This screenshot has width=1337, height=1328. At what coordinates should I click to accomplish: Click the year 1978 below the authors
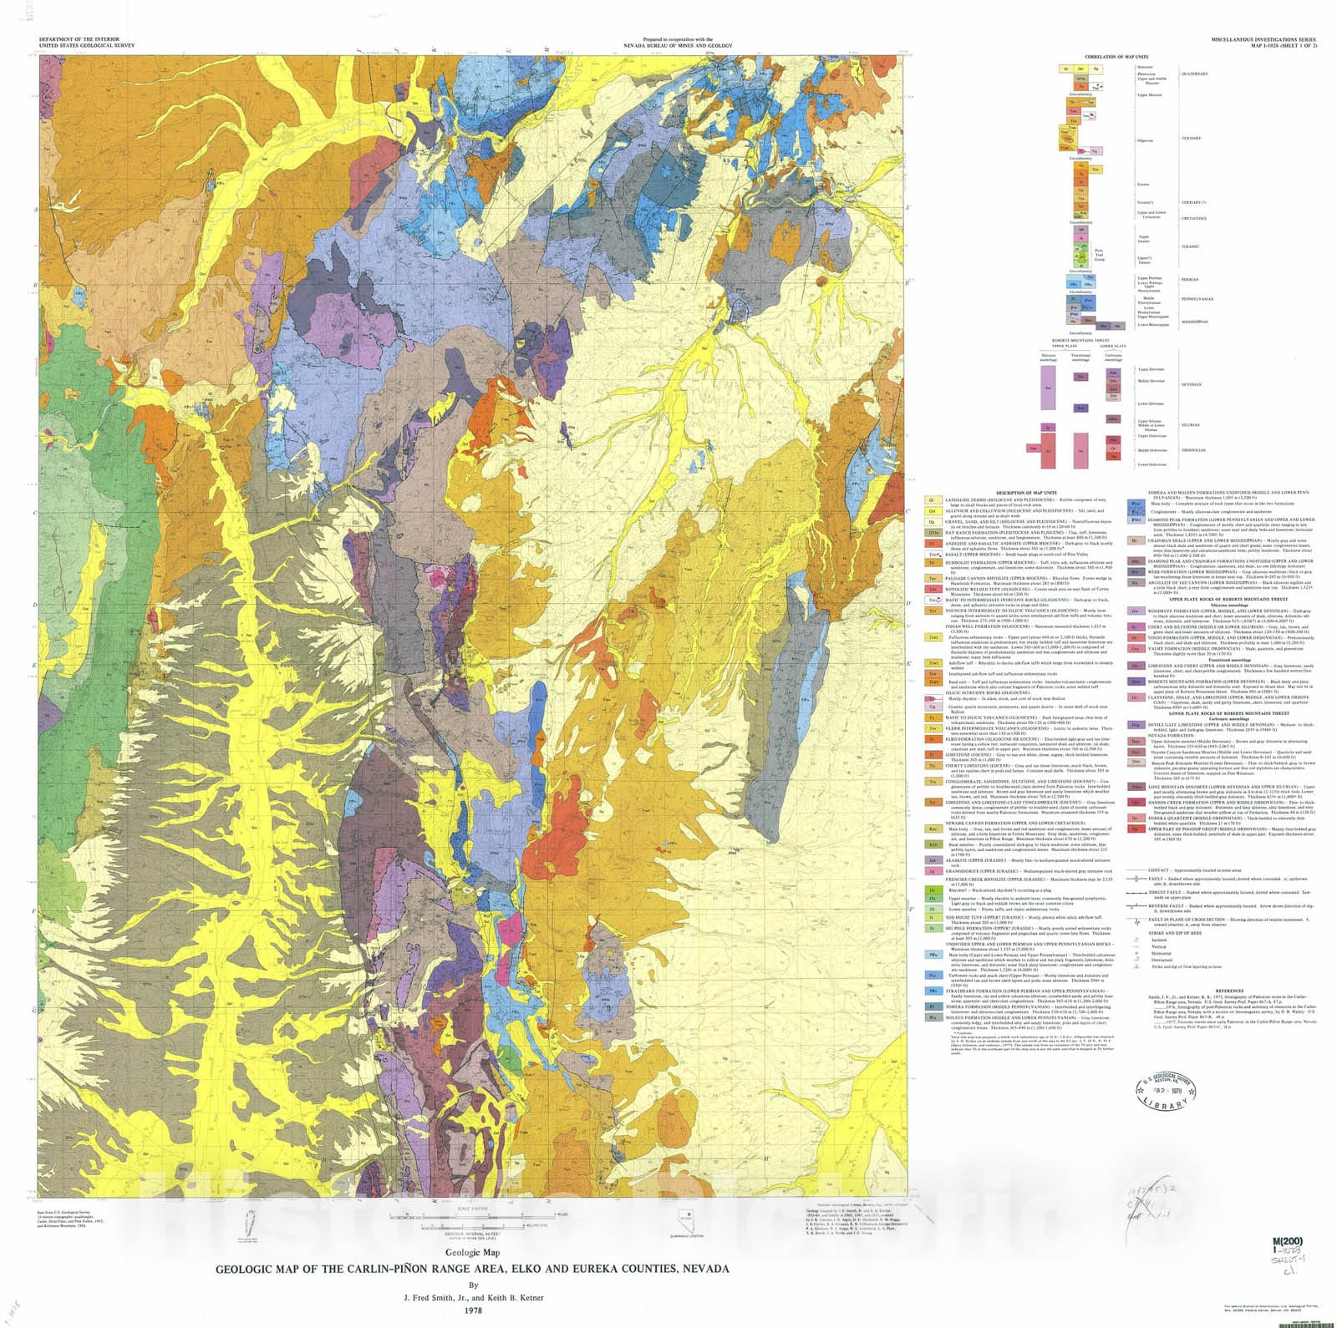pos(473,1309)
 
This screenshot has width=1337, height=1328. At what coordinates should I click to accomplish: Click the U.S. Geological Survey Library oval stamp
pos(1164,1092)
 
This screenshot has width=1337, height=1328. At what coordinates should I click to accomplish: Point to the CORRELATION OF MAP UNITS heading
pos(1121,57)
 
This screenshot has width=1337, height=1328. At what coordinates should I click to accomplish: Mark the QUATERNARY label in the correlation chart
pos(1194,73)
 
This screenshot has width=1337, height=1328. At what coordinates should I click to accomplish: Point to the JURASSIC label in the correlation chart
pos(1190,246)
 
